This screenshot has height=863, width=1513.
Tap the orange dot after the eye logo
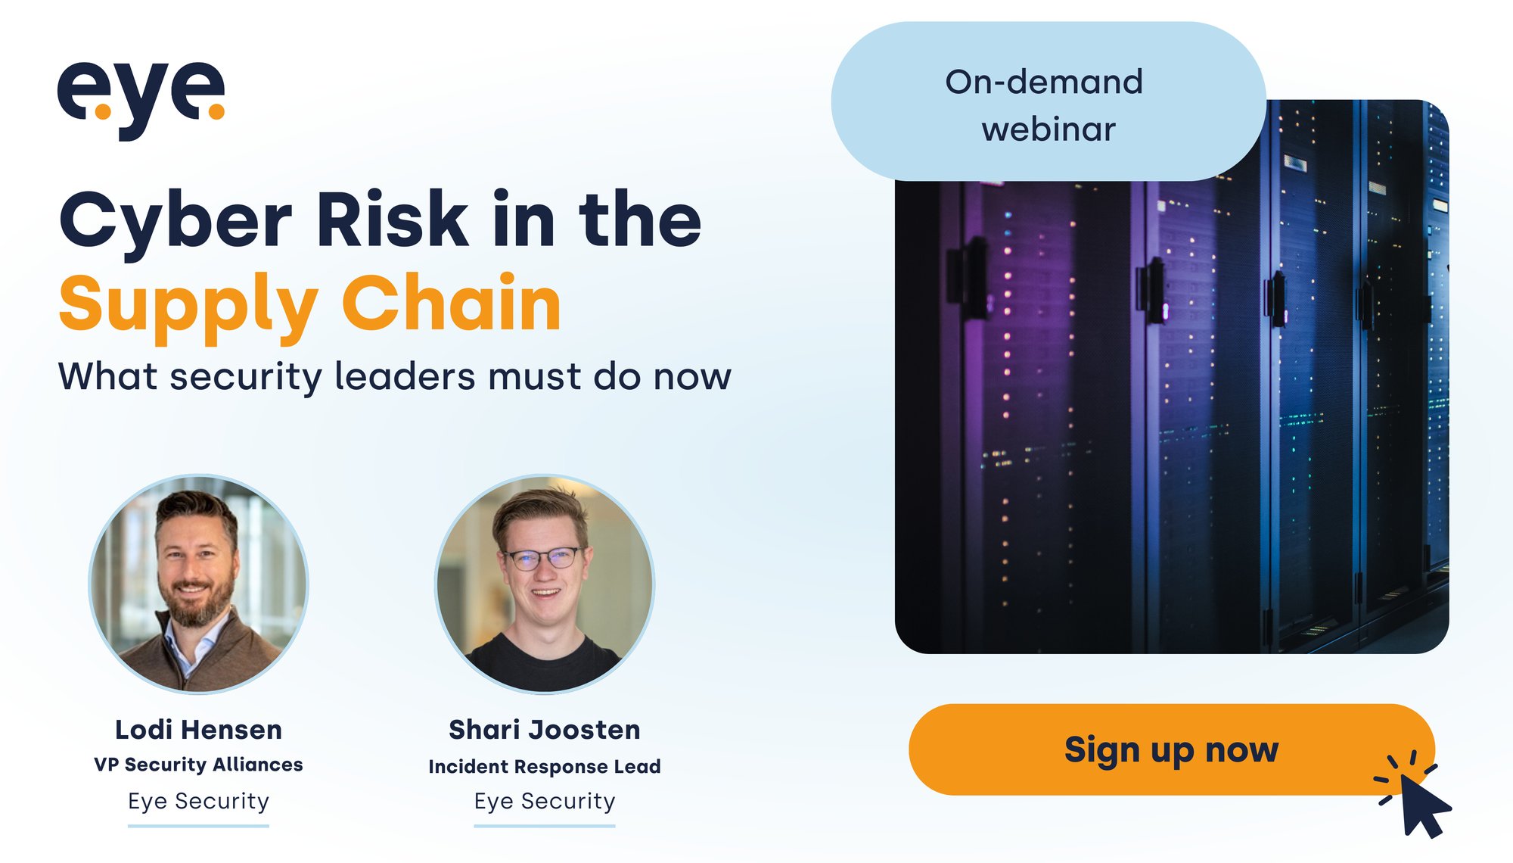(216, 111)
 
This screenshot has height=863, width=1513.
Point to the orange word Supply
(188, 304)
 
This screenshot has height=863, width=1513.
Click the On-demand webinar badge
(1048, 103)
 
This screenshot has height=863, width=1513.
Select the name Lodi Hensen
(198, 730)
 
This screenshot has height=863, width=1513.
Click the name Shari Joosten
(545, 730)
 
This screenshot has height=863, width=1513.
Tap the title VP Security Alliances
(198, 765)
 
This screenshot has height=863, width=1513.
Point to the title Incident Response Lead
(545, 766)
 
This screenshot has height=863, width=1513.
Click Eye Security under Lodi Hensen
(198, 801)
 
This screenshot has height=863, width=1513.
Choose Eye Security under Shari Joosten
(545, 801)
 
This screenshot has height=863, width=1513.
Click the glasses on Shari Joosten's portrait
(544, 559)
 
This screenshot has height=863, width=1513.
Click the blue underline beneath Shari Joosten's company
(545, 826)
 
